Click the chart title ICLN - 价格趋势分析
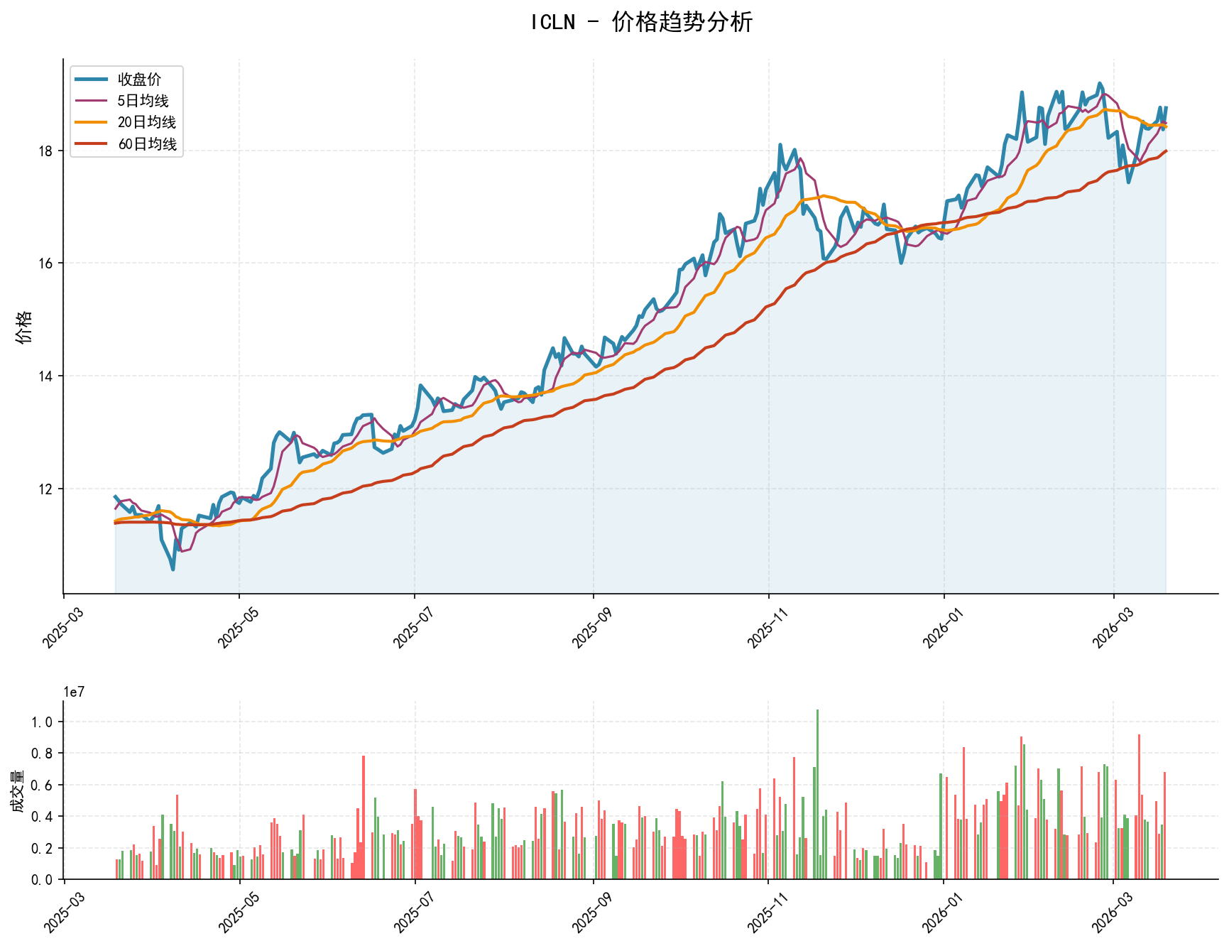pyautogui.click(x=641, y=22)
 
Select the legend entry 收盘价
pyautogui.click(x=139, y=80)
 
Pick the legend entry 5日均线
pyautogui.click(x=143, y=101)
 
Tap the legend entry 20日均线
pyautogui.click(x=146, y=122)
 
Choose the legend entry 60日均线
pyautogui.click(x=146, y=144)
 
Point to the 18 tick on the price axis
pyautogui.click(x=47, y=151)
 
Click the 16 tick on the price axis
pyautogui.click(x=47, y=263)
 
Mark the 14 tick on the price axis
pyautogui.click(x=47, y=376)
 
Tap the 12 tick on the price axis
pyautogui.click(x=47, y=489)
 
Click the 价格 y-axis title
pyautogui.click(x=24, y=327)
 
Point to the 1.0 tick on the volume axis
pyautogui.click(x=43, y=722)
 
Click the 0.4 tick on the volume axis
pyautogui.click(x=43, y=817)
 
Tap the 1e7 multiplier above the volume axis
pyautogui.click(x=74, y=692)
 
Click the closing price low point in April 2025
pyautogui.click(x=173, y=569)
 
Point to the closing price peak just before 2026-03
pyautogui.click(x=1100, y=84)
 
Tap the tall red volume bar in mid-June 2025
pyautogui.click(x=364, y=817)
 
